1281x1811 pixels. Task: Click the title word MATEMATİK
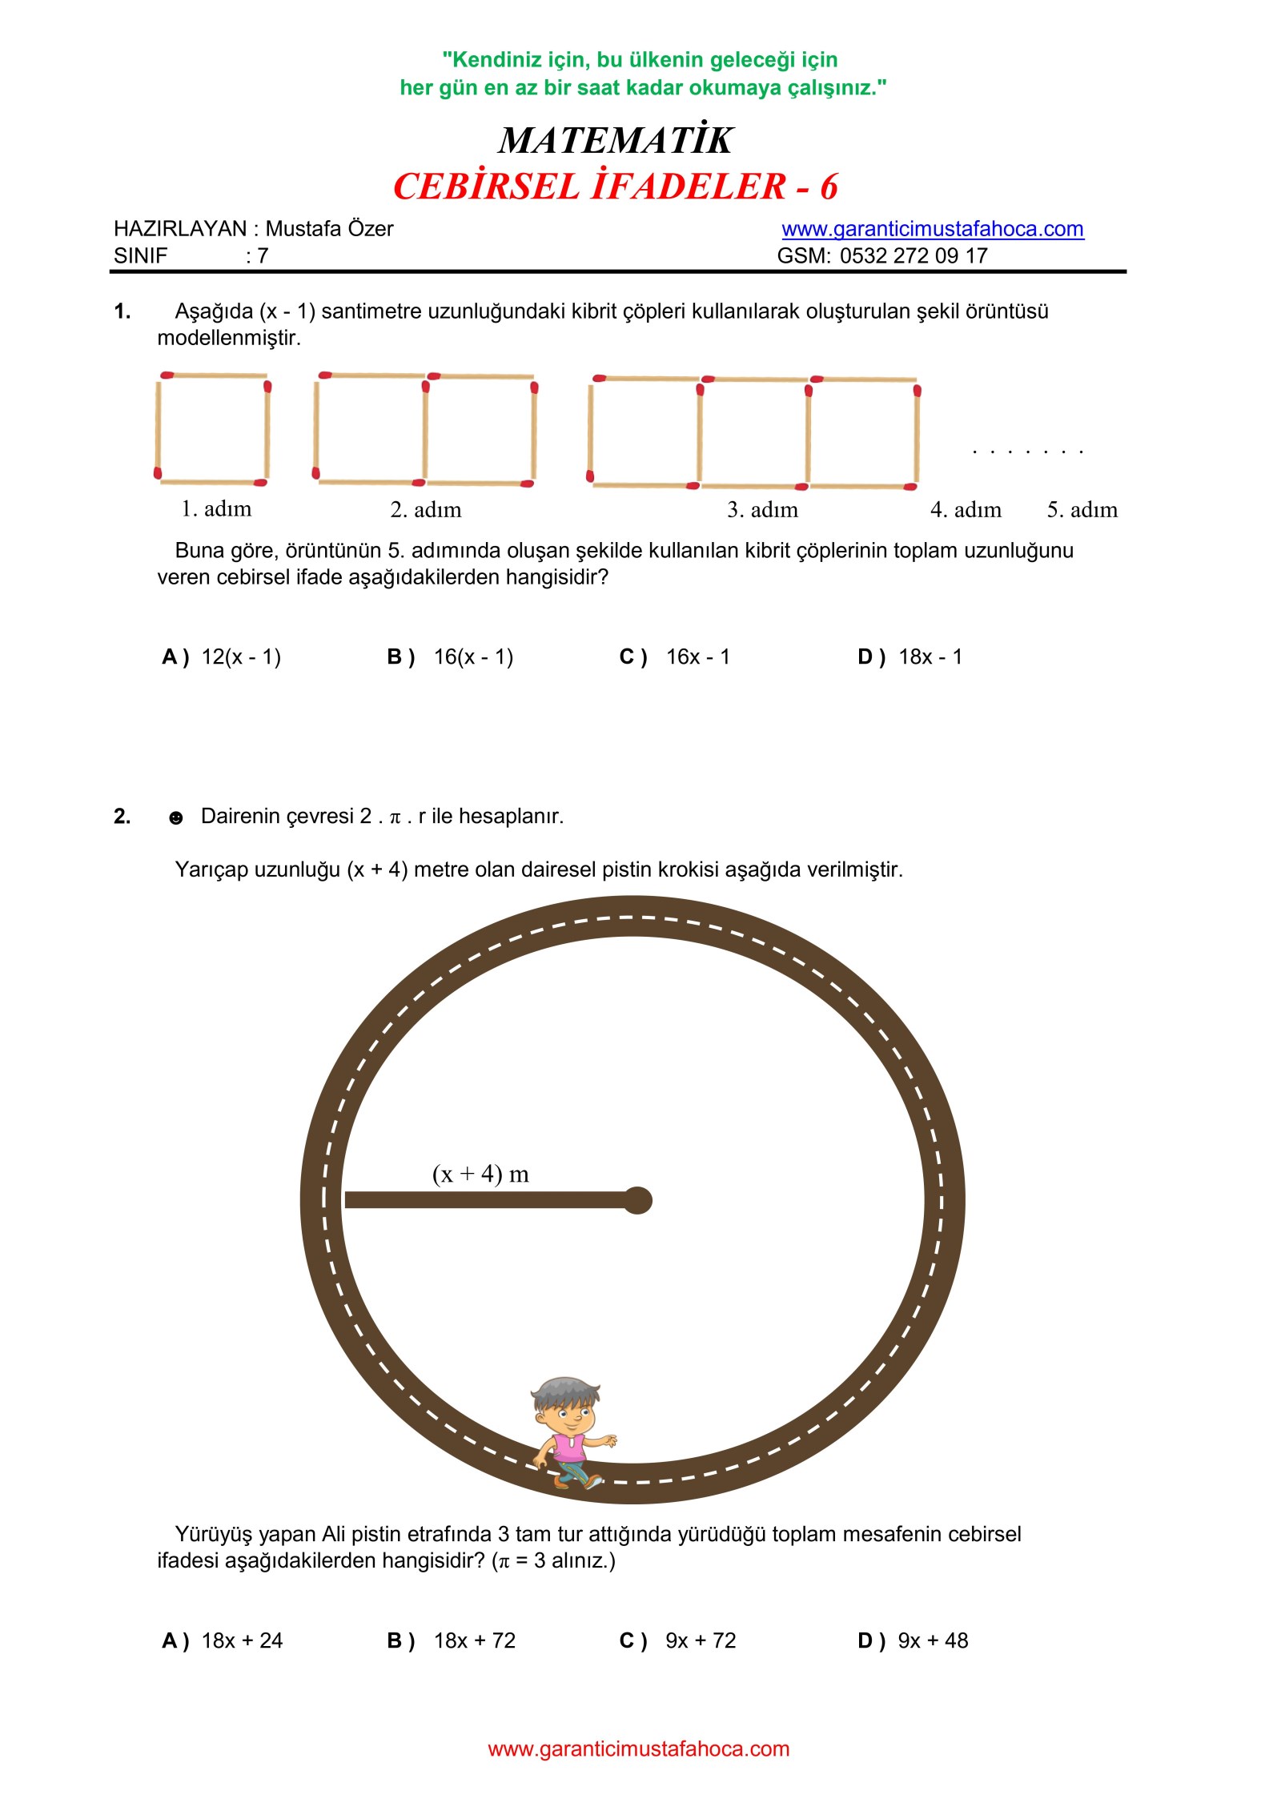pyautogui.click(x=615, y=141)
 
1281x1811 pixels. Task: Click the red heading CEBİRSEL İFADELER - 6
pyautogui.click(x=615, y=187)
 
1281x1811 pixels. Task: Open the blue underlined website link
pyautogui.click(x=932, y=229)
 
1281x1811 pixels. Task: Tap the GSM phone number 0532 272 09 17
pyautogui.click(x=913, y=256)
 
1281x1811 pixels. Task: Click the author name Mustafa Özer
pyautogui.click(x=329, y=229)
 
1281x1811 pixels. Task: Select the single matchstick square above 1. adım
pyautogui.click(x=212, y=428)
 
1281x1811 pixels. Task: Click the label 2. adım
pyautogui.click(x=426, y=510)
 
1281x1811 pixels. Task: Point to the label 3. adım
pyautogui.click(x=762, y=510)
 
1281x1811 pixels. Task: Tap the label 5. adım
pyautogui.click(x=1082, y=510)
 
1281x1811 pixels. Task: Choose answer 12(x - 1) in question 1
pyautogui.click(x=240, y=657)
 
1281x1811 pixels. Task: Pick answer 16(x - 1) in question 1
pyautogui.click(x=472, y=657)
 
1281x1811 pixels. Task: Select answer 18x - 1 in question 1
pyautogui.click(x=930, y=657)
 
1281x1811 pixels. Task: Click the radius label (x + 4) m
pyautogui.click(x=480, y=1175)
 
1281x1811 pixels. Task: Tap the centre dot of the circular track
pyautogui.click(x=637, y=1200)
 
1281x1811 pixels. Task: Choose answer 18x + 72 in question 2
pyautogui.click(x=474, y=1640)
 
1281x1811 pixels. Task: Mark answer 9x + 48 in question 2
pyautogui.click(x=932, y=1640)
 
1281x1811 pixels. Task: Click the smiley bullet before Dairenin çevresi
pyautogui.click(x=176, y=817)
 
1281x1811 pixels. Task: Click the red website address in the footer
pyautogui.click(x=638, y=1749)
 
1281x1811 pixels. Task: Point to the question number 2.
pyautogui.click(x=122, y=817)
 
